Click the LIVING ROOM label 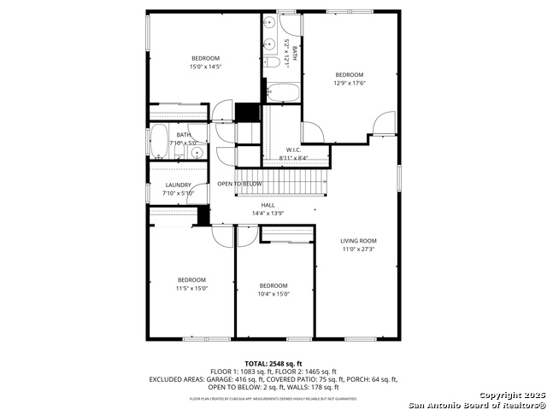358,241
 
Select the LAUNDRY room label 179,184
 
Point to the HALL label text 268,205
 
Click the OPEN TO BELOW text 239,184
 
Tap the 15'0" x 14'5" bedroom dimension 205,66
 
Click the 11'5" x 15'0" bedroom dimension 191,288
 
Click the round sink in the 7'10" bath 197,153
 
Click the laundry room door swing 199,192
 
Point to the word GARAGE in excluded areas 215,378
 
